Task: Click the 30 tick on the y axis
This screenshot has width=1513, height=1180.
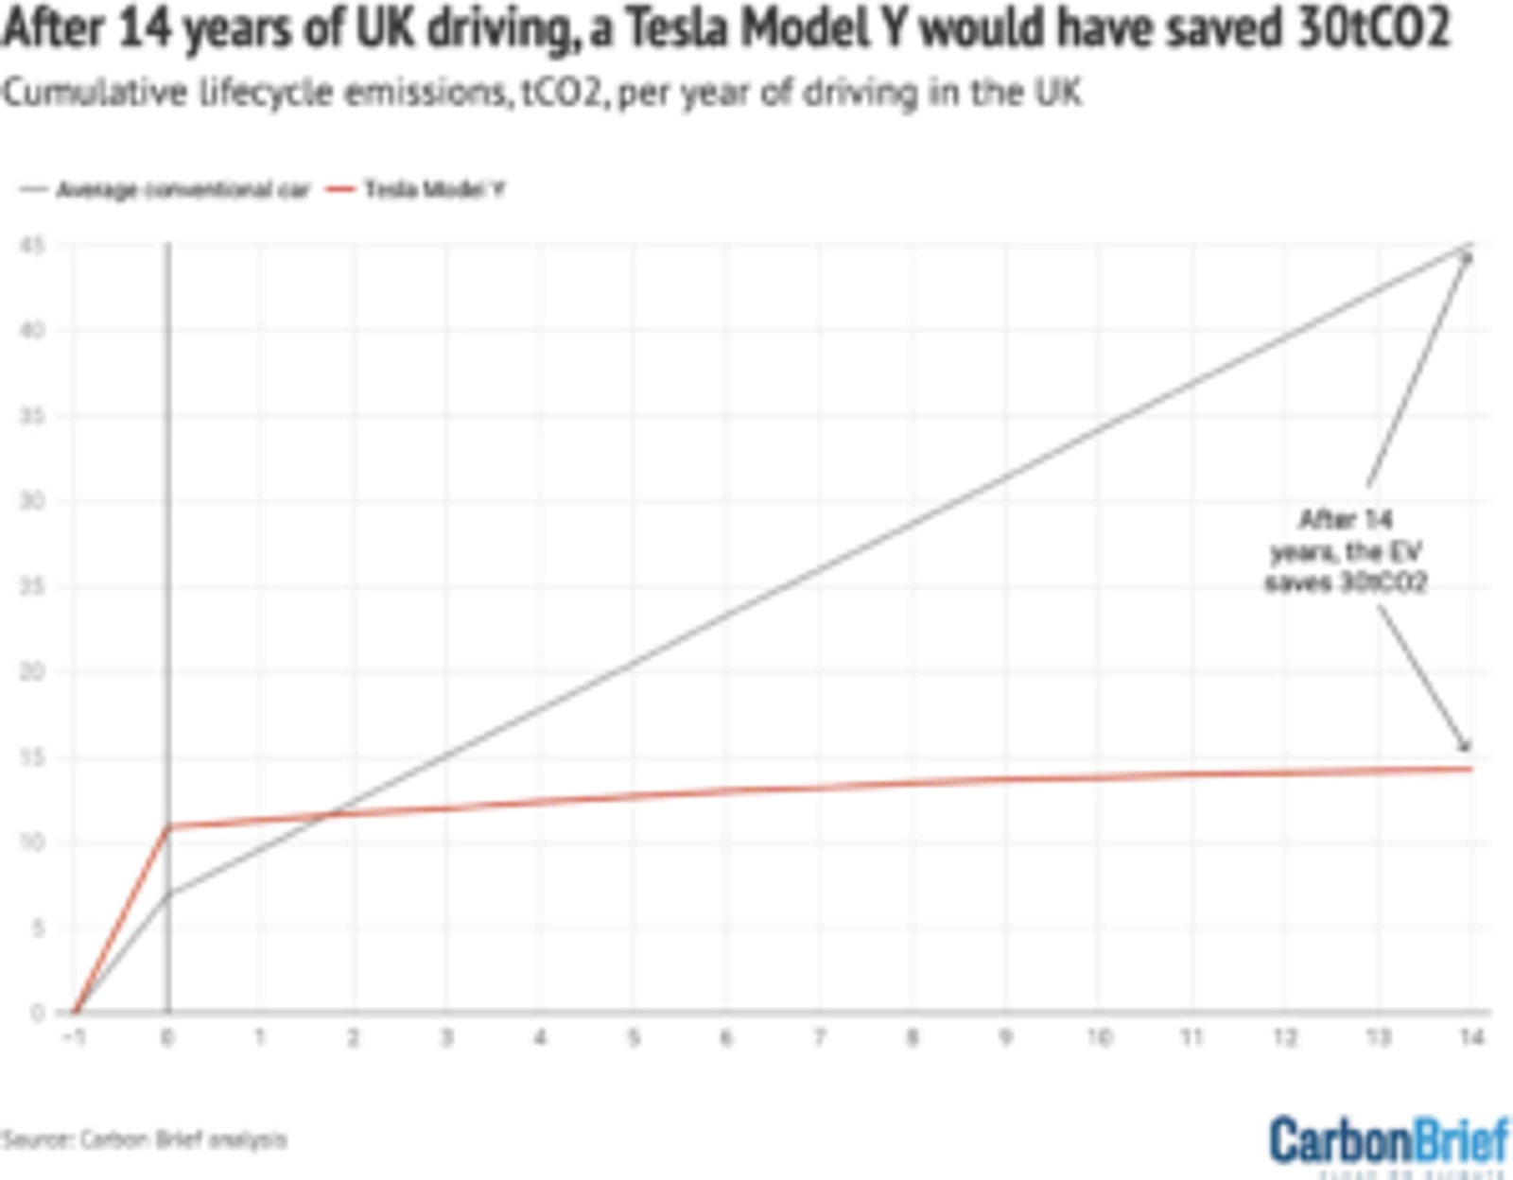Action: [33, 501]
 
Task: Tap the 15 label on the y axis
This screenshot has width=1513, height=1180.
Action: [33, 757]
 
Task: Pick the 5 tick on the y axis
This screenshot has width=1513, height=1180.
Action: [38, 928]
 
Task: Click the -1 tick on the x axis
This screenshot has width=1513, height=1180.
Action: [74, 1038]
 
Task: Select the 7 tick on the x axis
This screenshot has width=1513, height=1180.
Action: [820, 1038]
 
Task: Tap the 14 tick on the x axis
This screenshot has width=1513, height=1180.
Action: [1471, 1038]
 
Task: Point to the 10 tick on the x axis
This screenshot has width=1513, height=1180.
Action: [1099, 1038]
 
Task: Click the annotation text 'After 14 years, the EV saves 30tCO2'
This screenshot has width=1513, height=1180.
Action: [1346, 551]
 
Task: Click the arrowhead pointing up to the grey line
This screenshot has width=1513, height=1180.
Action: [1469, 257]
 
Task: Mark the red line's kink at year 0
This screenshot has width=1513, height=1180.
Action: [169, 826]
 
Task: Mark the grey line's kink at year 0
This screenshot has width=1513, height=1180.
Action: [169, 894]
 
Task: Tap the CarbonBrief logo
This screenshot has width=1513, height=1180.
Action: [1388, 1141]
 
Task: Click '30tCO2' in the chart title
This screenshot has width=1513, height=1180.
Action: [1371, 28]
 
